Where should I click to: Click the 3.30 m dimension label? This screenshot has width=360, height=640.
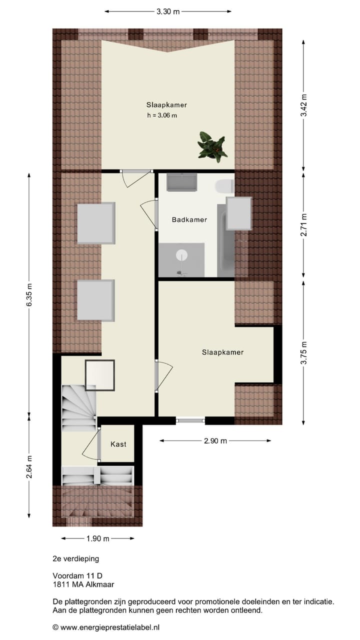tap(168, 12)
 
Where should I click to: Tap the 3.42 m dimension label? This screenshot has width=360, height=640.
tap(303, 105)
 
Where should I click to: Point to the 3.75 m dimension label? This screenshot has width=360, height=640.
tap(303, 352)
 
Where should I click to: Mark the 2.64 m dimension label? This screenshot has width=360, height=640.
tap(29, 467)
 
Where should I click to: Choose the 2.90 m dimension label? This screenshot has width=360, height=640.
tap(215, 441)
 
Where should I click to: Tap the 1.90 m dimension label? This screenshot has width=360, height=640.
tap(97, 538)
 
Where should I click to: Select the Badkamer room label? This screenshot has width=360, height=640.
tap(189, 219)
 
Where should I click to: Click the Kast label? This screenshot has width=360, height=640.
tap(118, 444)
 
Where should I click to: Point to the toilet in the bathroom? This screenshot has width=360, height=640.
tap(225, 186)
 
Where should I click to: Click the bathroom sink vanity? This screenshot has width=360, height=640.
tap(181, 182)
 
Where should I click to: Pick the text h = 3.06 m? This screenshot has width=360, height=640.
tap(162, 115)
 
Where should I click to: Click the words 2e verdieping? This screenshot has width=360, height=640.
tap(76, 558)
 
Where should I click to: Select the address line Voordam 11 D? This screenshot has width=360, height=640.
tap(77, 575)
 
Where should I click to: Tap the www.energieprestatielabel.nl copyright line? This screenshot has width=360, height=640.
tap(106, 627)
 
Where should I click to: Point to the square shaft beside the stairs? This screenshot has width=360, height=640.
tap(99, 375)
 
